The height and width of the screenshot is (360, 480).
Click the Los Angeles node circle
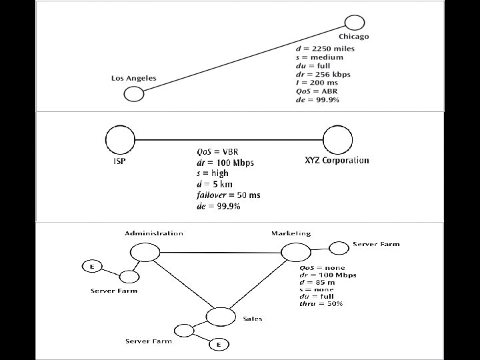(x=134, y=93)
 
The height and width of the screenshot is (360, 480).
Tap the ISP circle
(x=120, y=139)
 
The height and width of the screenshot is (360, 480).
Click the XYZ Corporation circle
(x=337, y=140)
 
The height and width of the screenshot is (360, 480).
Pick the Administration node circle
(x=145, y=251)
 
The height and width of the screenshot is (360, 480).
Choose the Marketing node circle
(x=295, y=252)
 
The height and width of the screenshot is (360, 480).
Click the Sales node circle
(x=221, y=317)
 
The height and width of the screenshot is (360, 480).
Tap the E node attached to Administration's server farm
(x=92, y=267)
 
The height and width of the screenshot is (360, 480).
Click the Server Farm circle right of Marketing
(x=339, y=248)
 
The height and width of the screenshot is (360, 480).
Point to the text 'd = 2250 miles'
(x=325, y=48)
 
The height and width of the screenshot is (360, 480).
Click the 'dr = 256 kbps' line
(x=323, y=74)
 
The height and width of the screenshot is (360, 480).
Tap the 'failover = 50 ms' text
(x=229, y=195)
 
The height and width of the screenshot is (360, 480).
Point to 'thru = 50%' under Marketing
(x=321, y=304)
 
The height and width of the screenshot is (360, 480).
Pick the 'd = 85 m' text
(x=317, y=282)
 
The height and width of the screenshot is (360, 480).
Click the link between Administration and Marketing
(x=220, y=252)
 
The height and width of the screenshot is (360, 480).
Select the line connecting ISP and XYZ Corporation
(x=229, y=140)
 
